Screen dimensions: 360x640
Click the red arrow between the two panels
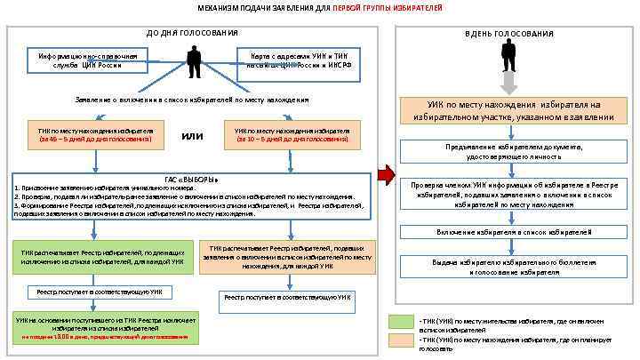[384, 174]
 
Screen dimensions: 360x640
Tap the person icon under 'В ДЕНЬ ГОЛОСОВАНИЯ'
[508, 55]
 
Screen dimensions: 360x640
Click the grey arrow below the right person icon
[508, 84]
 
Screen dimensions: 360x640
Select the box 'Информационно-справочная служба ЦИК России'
[87, 60]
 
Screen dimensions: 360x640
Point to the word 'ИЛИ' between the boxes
[193, 136]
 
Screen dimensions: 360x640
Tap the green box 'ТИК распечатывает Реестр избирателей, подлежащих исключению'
[103, 257]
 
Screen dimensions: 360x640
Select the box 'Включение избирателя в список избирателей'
[508, 231]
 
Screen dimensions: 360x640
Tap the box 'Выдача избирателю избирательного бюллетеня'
[508, 267]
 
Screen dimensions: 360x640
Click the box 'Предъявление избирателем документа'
[508, 150]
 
